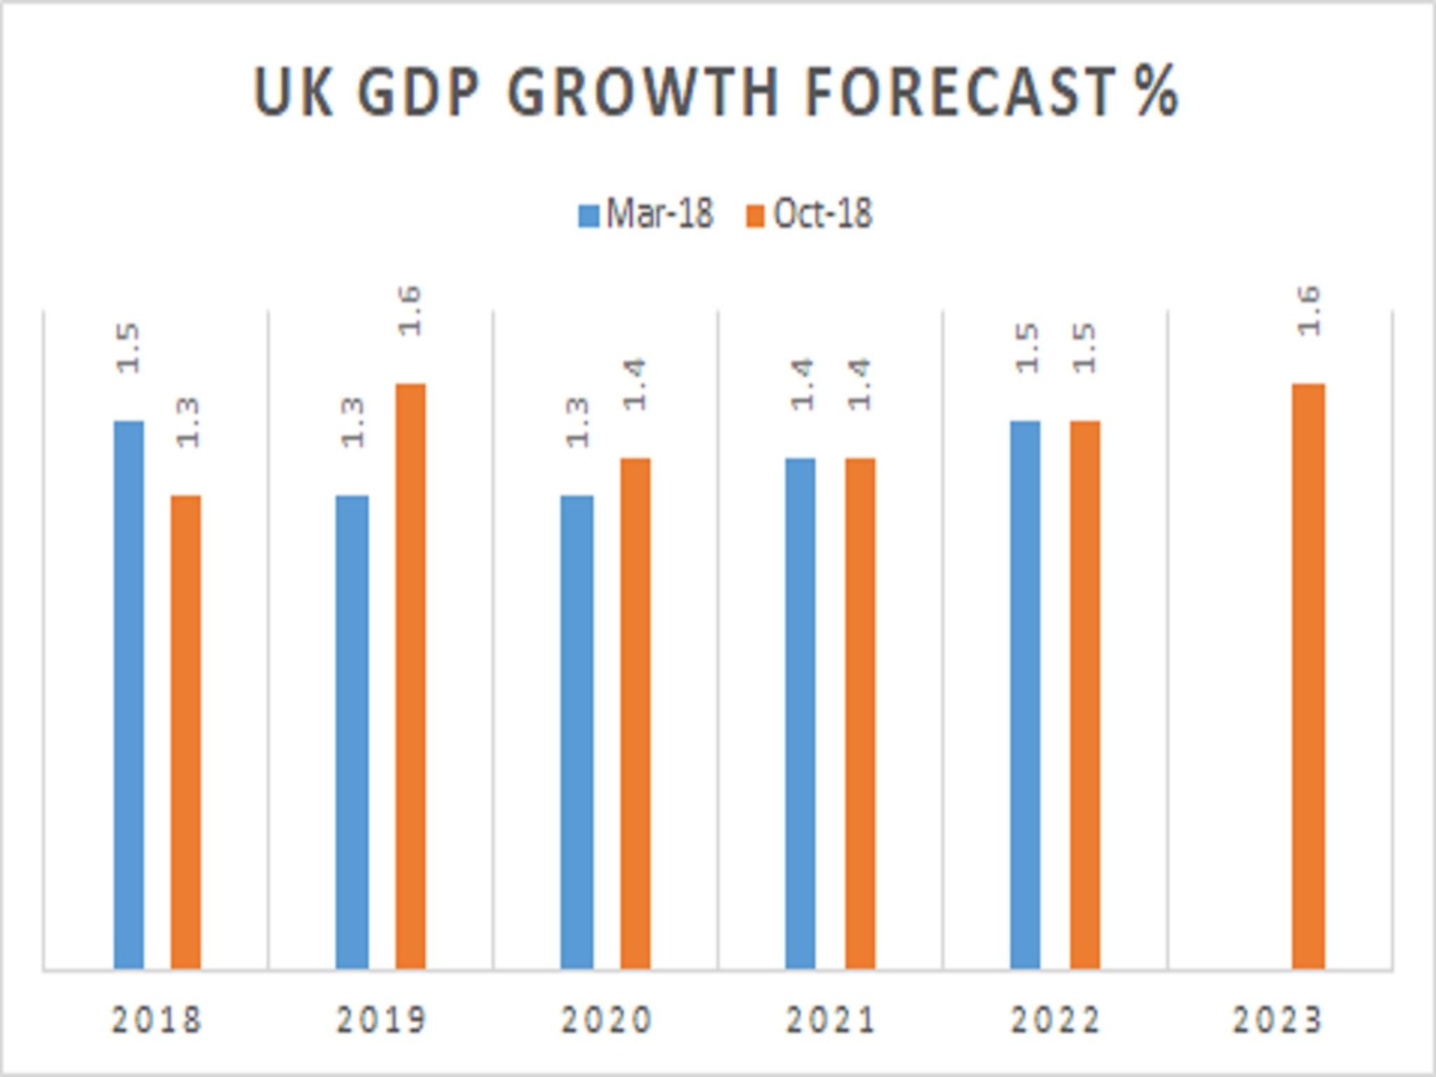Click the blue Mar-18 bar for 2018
129,694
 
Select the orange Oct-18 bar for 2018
186,732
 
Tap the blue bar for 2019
352,732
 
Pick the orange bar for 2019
410,676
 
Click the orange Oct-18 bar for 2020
635,713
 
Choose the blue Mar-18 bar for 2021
800,713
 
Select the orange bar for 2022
1085,694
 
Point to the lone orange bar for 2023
1309,676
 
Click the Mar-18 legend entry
646,214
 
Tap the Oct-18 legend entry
810,214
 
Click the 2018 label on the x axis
157,1020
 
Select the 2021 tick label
831,1020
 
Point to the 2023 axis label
1278,1020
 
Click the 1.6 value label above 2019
410,311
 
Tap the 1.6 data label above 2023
1309,311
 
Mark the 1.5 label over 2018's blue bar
129,348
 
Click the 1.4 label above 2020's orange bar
635,384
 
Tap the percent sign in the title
1156,93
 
